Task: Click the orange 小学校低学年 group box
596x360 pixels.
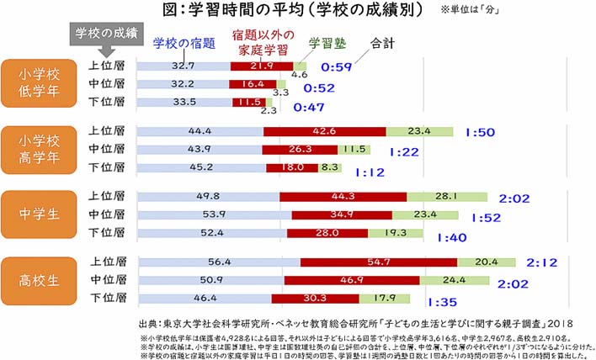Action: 40,83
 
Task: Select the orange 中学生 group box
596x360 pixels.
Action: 40,214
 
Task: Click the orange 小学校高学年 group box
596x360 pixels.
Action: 40,148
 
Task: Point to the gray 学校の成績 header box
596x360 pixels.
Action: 107,34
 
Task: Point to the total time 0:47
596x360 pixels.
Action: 308,109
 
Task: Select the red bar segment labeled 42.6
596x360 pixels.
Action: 324,131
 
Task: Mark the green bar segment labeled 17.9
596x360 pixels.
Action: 386,297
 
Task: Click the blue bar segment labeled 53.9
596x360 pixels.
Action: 214,215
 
